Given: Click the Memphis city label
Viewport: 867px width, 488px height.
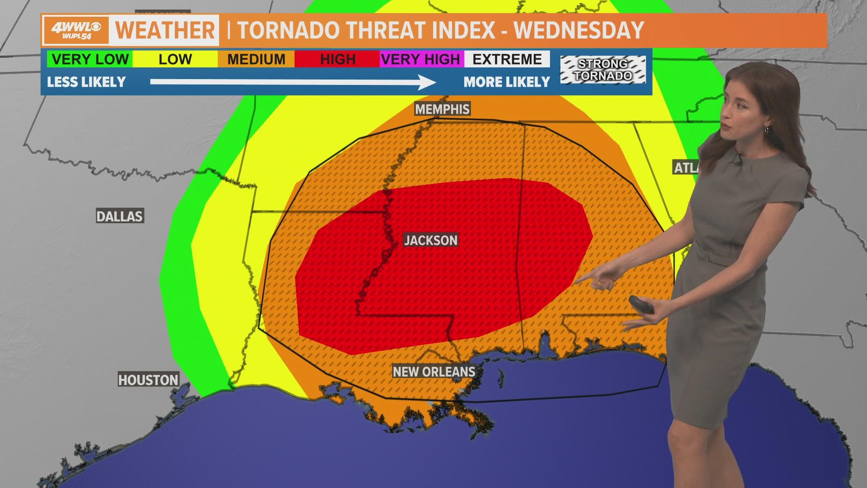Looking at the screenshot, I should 443,109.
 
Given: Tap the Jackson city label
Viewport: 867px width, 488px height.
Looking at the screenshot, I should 430,240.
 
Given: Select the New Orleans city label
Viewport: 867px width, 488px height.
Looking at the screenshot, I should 433,371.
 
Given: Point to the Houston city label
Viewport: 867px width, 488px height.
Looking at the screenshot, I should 148,380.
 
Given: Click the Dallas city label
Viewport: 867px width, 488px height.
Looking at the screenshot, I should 120,216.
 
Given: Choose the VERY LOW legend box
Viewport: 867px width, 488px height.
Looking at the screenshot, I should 90,59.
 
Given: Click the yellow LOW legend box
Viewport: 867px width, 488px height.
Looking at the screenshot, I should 175,59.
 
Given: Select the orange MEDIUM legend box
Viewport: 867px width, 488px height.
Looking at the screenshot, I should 256,59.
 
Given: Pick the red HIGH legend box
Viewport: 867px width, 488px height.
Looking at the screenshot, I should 337,59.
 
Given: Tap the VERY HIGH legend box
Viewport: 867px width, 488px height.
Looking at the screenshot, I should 420,59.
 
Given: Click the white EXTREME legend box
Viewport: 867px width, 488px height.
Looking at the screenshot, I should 507,59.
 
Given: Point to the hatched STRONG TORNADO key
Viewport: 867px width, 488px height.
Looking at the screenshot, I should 603,70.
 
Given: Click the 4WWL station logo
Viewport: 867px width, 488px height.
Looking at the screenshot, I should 76,30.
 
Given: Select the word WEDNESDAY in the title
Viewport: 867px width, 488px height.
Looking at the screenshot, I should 578,30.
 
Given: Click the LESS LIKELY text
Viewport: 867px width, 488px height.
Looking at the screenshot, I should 86,82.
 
